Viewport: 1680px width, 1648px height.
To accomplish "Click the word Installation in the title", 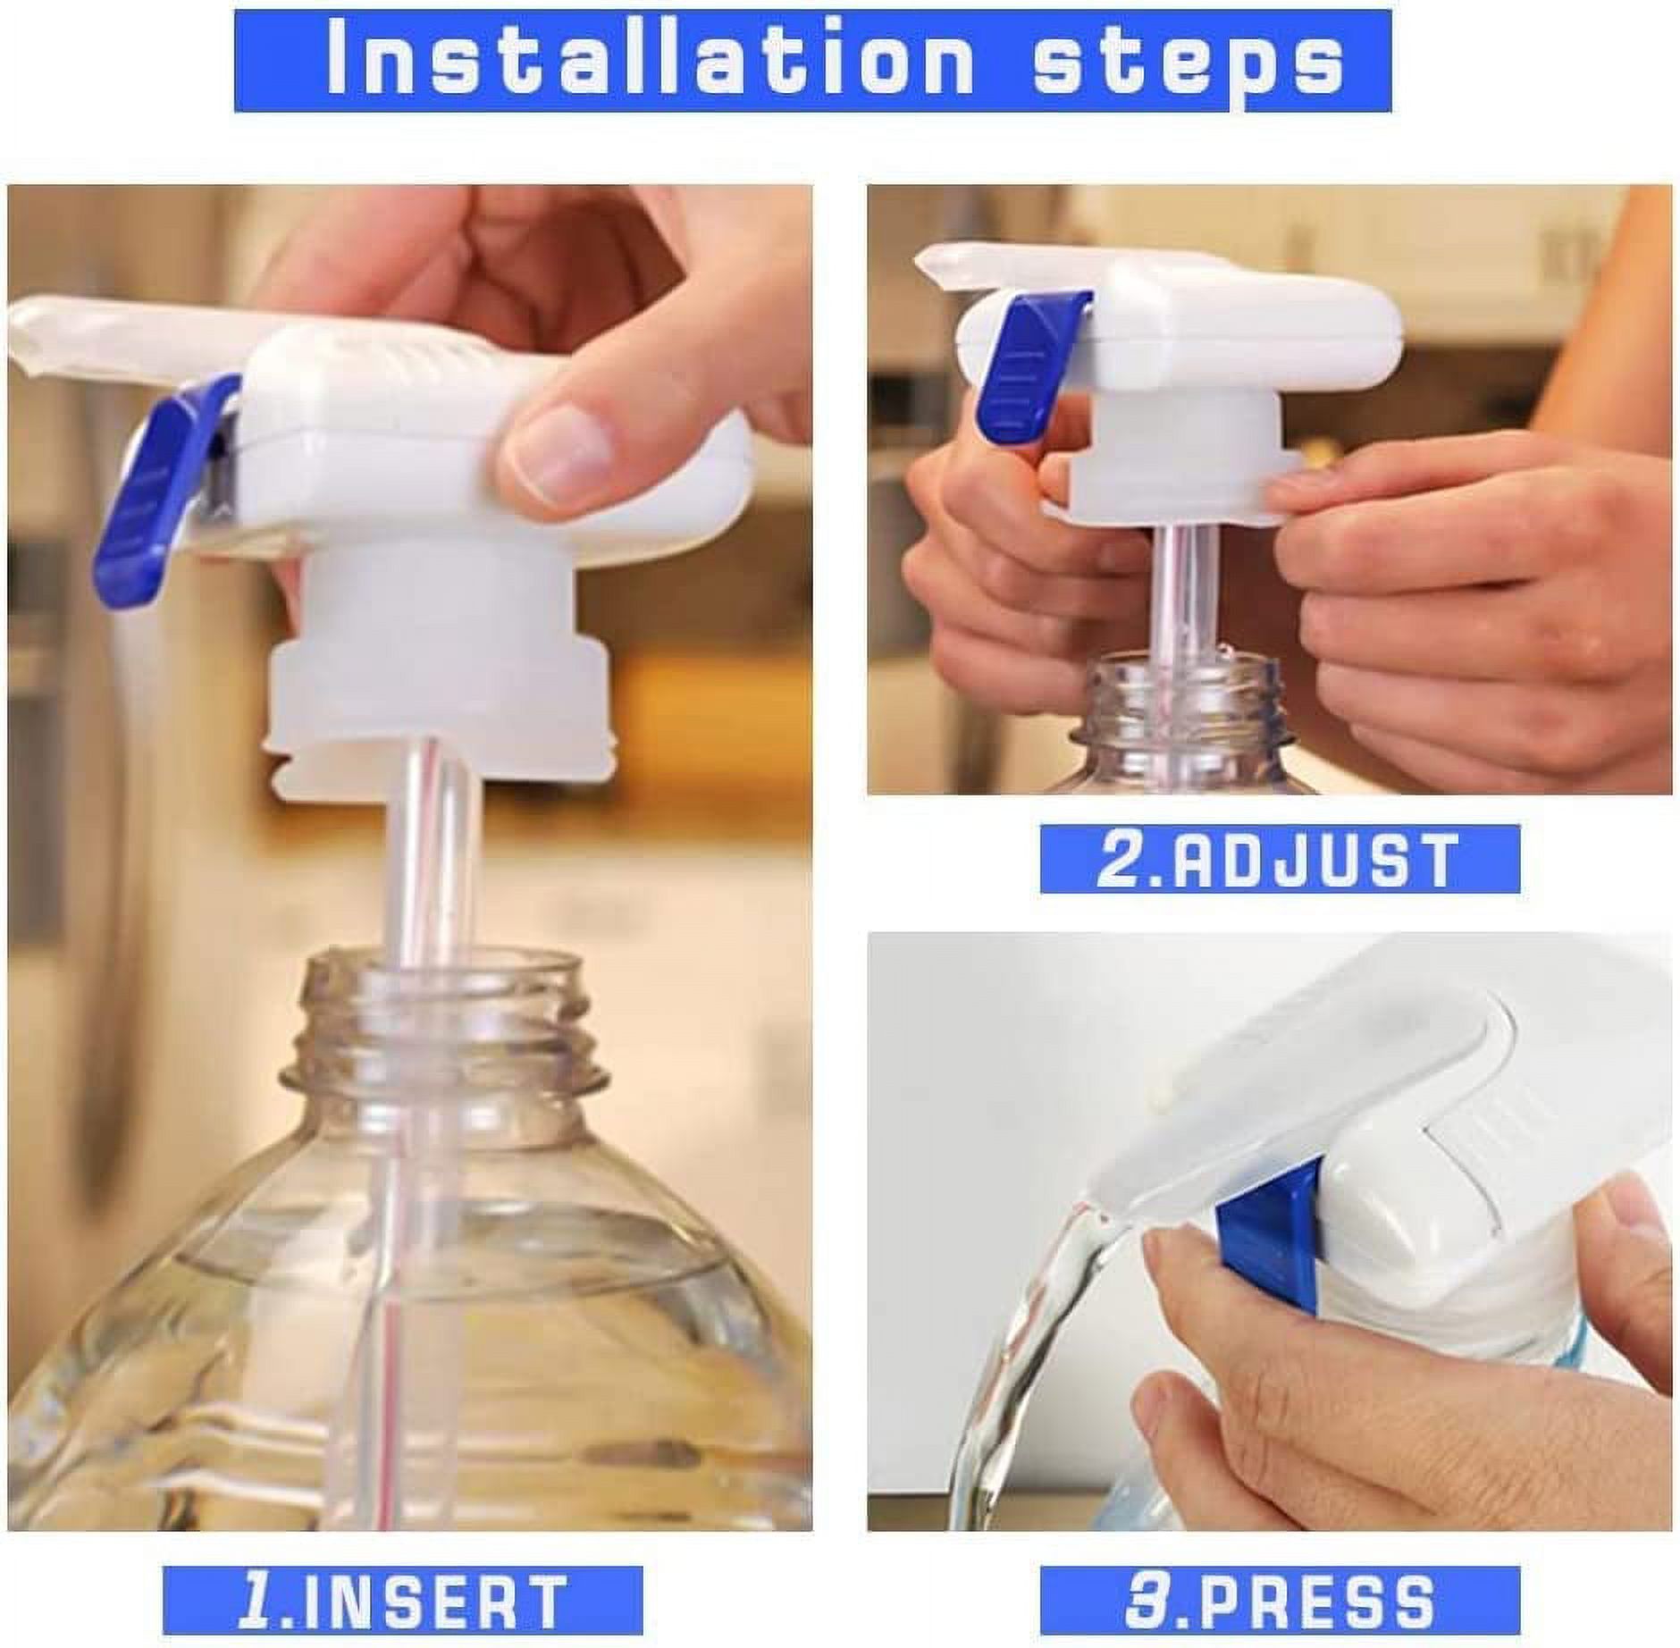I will [x=650, y=60].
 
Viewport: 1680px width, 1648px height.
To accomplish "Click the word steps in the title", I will [x=1189, y=60].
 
